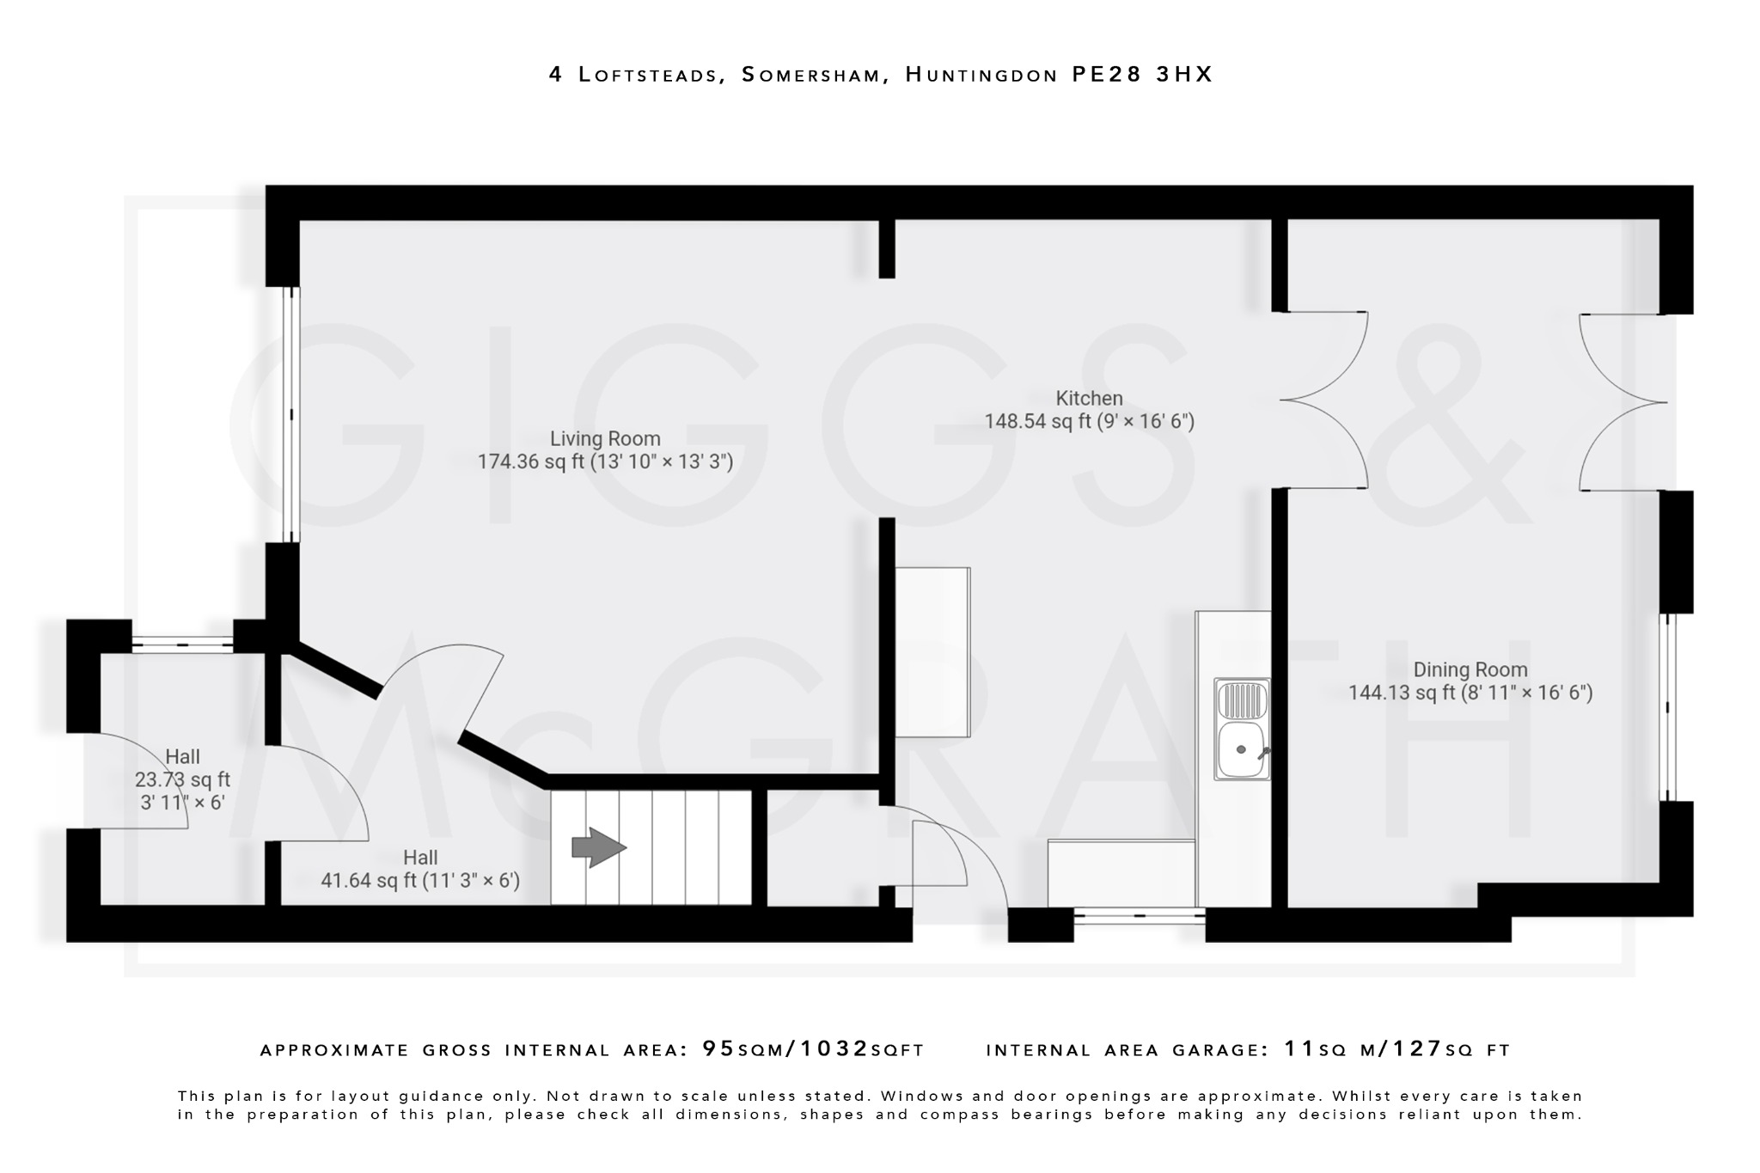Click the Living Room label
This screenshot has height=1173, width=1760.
pos(605,438)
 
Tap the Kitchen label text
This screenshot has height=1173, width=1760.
pos(1089,398)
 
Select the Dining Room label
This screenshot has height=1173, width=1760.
pos(1470,669)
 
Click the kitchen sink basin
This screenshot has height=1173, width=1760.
pos(1241,750)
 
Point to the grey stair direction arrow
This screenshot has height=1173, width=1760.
pos(599,848)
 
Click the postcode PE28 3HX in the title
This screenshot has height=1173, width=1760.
pos(1142,75)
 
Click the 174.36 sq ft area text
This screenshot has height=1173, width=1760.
pos(530,461)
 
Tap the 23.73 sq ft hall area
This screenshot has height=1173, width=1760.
pos(182,780)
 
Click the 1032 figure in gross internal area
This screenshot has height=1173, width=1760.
pos(834,1049)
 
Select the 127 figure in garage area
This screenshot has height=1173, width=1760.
pos(1417,1049)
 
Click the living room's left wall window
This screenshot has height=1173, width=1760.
pos(291,414)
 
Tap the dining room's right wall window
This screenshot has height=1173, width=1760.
pos(1667,707)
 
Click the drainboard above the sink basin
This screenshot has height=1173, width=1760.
pos(1241,700)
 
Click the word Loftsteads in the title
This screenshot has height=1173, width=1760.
pos(648,75)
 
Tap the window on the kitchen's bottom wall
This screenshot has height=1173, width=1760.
pos(1140,916)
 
